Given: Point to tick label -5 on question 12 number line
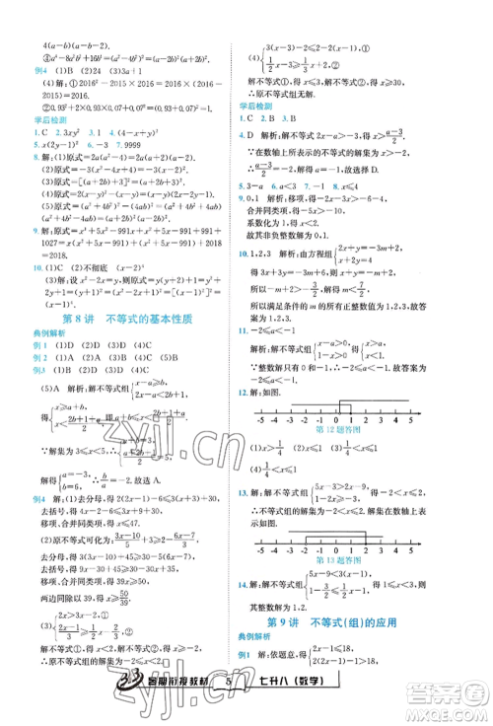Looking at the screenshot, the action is [x=258, y=418].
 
